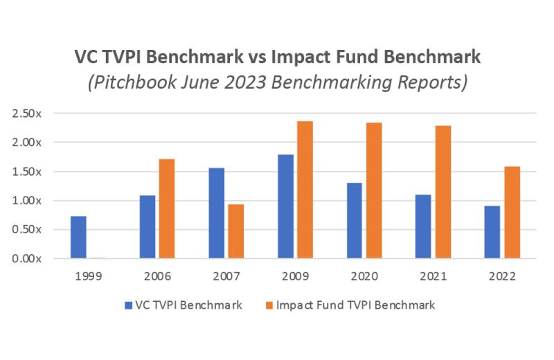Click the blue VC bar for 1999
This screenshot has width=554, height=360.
[78, 237]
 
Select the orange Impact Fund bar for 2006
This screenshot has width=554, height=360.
[166, 208]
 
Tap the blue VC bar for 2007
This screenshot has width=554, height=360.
[216, 213]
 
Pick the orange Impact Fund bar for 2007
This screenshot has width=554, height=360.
[235, 231]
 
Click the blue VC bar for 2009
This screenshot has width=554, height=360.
[285, 206]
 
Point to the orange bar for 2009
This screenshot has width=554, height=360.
[305, 190]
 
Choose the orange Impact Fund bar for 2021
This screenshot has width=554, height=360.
[443, 192]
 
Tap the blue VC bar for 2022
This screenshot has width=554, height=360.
[492, 232]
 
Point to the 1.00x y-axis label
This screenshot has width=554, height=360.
[28, 201]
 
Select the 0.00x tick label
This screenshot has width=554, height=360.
[28, 259]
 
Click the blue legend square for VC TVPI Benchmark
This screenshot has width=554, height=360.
[128, 305]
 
